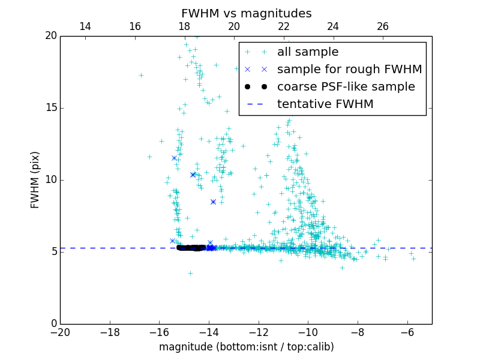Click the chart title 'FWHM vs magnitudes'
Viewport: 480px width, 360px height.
click(x=246, y=13)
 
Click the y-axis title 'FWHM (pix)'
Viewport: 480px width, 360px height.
click(x=35, y=179)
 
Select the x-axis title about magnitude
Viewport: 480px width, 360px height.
click(x=246, y=347)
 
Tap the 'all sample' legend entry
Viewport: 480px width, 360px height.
click(x=308, y=52)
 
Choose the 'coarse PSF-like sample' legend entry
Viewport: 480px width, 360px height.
click(x=346, y=86)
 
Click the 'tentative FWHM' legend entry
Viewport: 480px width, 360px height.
click(x=325, y=104)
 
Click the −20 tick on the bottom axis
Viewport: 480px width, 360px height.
click(x=60, y=332)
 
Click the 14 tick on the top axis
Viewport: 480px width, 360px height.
click(x=85, y=26)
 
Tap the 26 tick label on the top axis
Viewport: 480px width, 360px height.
click(x=383, y=26)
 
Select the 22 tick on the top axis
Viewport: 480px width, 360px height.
click(x=284, y=26)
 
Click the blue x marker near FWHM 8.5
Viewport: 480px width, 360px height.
click(x=213, y=202)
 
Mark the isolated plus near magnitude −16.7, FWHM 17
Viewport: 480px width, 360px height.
click(x=141, y=75)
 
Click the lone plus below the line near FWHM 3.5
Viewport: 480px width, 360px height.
click(x=190, y=273)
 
